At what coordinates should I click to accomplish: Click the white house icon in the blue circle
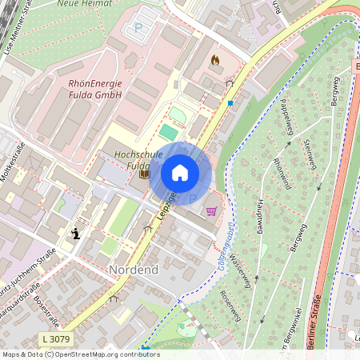pyautogui.click(x=180, y=173)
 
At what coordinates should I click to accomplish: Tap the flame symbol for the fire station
pyautogui.click(x=214, y=60)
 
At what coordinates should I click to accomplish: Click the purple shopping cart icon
pyautogui.click(x=211, y=211)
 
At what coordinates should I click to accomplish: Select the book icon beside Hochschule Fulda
pyautogui.click(x=144, y=173)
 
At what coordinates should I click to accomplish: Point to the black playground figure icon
pyautogui.click(x=76, y=234)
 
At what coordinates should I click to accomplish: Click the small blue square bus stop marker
pyautogui.click(x=230, y=103)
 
